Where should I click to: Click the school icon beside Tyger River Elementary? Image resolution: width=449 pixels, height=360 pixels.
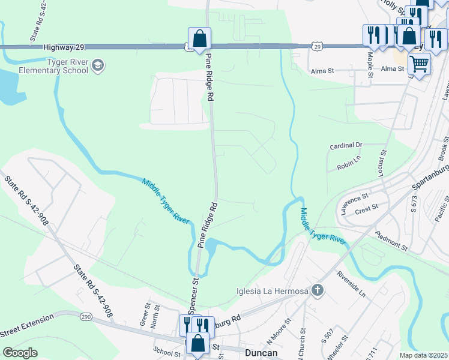(98, 65)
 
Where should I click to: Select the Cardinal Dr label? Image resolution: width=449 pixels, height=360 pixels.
(347, 145)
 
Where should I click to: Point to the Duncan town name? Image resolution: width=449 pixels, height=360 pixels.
(261, 353)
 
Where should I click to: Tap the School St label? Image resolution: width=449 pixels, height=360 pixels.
(167, 353)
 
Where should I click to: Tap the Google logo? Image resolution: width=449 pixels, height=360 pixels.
(20, 353)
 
